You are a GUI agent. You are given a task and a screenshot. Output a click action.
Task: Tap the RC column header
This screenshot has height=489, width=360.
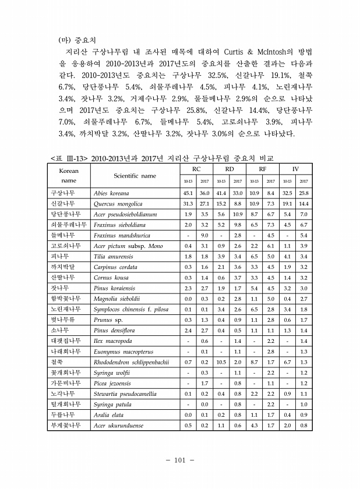point(196,169)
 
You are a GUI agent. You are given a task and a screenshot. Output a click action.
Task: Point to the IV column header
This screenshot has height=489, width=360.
point(295,169)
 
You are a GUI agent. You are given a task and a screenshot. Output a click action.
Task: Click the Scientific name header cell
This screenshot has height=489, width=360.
point(135,175)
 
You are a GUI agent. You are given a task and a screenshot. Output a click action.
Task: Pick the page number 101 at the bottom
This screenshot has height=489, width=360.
point(179,461)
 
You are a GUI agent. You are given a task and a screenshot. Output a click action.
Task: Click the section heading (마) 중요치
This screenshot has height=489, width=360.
point(77,41)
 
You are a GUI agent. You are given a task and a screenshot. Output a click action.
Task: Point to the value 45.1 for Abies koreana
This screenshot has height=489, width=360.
point(188,192)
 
